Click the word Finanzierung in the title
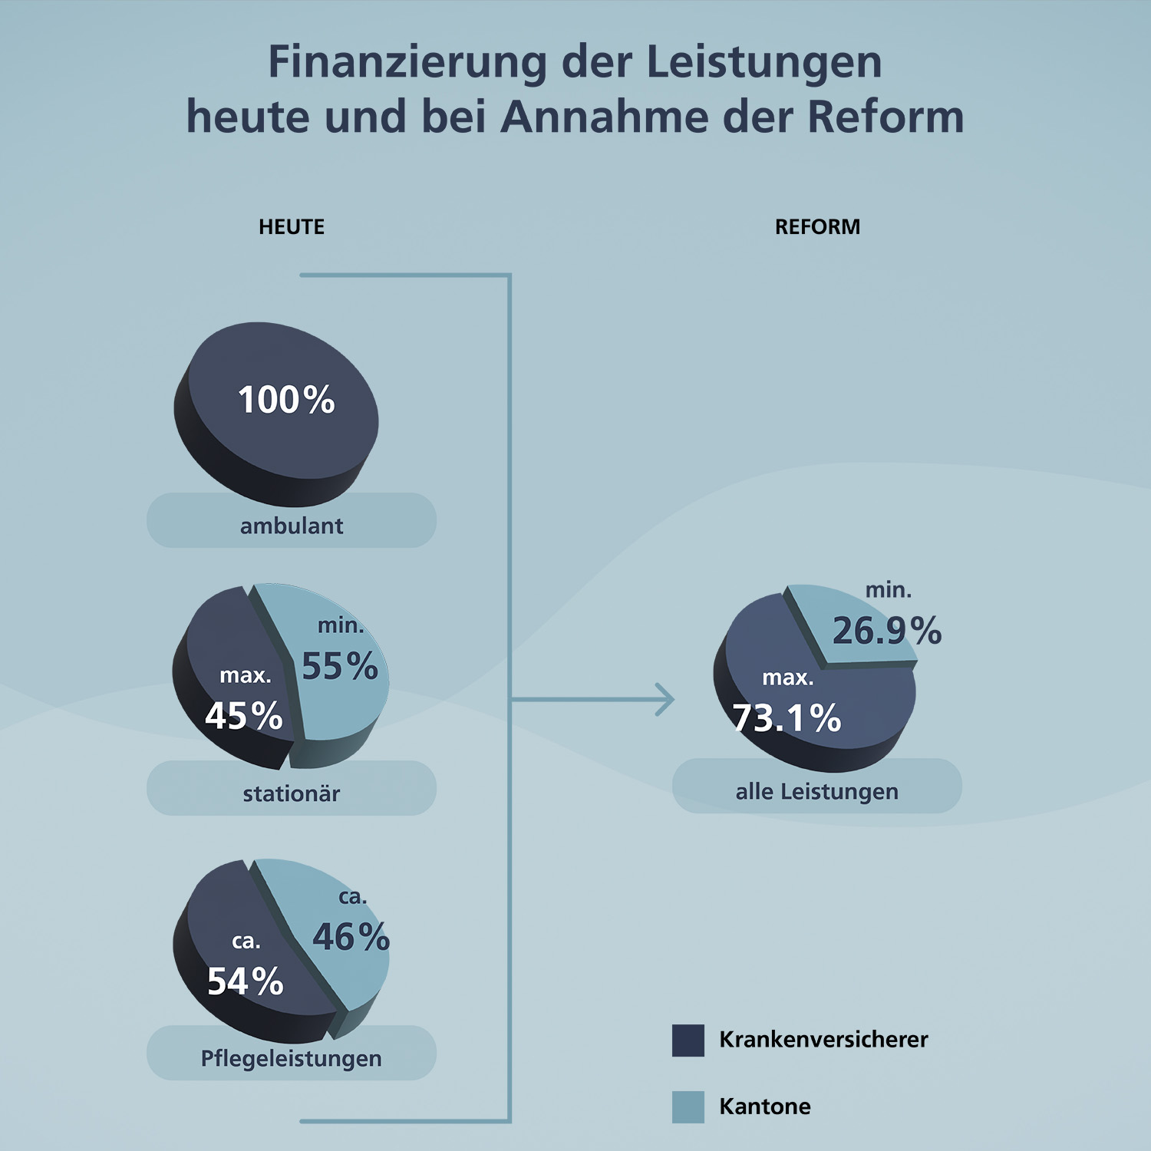pos(407,63)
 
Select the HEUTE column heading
pos(292,227)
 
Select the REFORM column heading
pos(817,227)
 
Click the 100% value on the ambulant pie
pos(286,400)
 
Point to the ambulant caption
pos(292,526)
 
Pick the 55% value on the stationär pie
pos(340,666)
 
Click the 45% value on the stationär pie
pos(244,716)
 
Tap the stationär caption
pos(292,793)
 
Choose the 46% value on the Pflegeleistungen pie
pos(351,937)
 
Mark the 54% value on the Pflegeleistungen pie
pos(246,981)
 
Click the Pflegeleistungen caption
pos(292,1058)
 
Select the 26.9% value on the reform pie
pos(887,631)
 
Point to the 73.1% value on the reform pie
pos(787,718)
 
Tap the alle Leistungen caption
pos(817,791)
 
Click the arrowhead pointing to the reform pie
pos(666,699)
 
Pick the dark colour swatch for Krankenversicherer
pos(688,1041)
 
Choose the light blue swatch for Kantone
pos(688,1106)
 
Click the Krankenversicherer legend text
pos(823,1040)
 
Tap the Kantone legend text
pos(765,1106)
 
